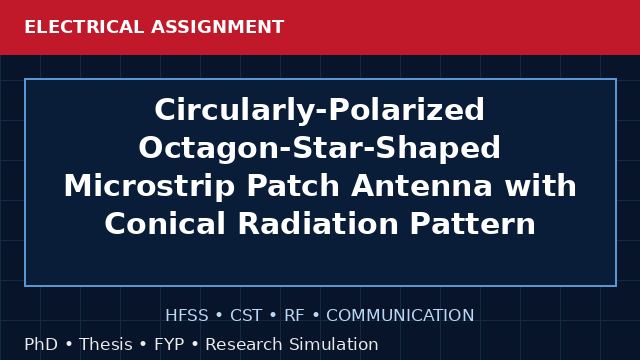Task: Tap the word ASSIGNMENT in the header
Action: [218, 27]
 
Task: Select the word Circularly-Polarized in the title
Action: [320, 110]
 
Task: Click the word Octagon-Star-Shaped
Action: [320, 148]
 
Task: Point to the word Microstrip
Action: [149, 186]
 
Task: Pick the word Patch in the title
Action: [293, 186]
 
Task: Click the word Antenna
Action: [422, 186]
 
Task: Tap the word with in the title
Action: [540, 185]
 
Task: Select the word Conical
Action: [165, 224]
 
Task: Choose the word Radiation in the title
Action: [318, 224]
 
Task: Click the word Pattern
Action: [472, 224]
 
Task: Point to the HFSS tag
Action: [187, 315]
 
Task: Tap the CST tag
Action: [246, 315]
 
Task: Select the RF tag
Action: [294, 315]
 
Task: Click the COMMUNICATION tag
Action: [400, 315]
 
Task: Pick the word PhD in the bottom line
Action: [41, 344]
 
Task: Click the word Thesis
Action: [106, 344]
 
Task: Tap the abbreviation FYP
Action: [169, 344]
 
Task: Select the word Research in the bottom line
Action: [244, 344]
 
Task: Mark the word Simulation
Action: [334, 344]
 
